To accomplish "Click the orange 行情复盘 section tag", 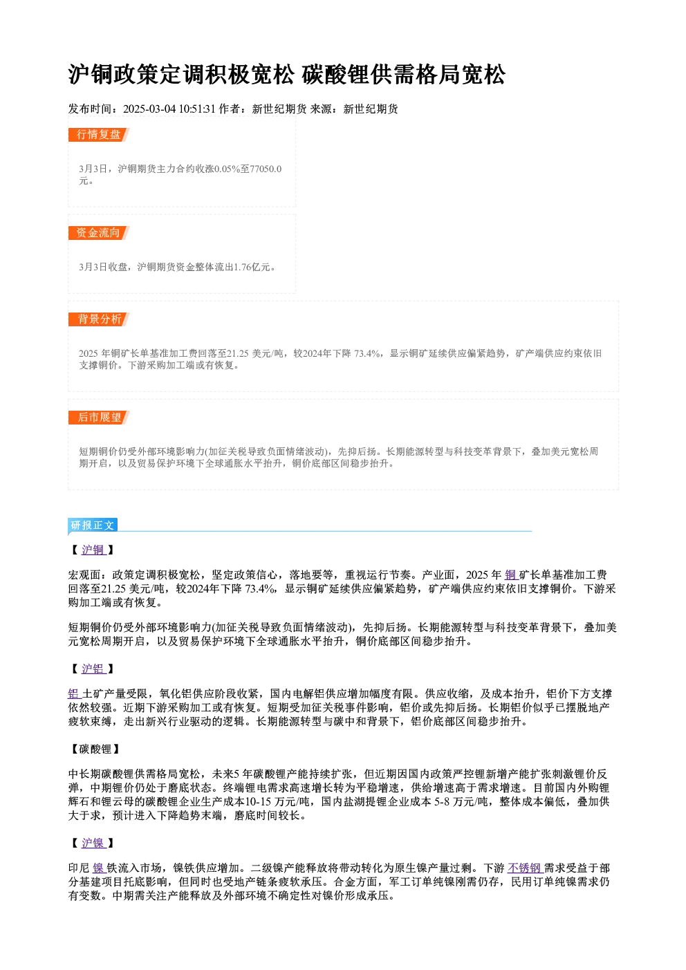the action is click(x=98, y=135).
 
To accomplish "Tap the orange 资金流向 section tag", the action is click(x=98, y=233).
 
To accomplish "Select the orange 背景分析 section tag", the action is click(x=98, y=319).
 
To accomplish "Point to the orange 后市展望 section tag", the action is click(x=98, y=418).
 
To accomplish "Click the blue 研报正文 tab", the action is click(x=93, y=525).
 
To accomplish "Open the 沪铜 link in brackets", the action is click(x=93, y=550).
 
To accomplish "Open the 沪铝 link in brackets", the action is click(x=93, y=669).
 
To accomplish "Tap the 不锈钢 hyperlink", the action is click(x=526, y=868).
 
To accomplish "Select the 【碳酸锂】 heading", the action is click(x=94, y=749).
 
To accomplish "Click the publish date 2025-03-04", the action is click(x=149, y=109).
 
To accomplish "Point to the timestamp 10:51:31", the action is click(x=197, y=109).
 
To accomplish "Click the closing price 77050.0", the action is click(x=266, y=169).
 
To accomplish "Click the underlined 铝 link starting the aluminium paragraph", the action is click(x=75, y=694).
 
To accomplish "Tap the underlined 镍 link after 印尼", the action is click(x=99, y=868).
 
